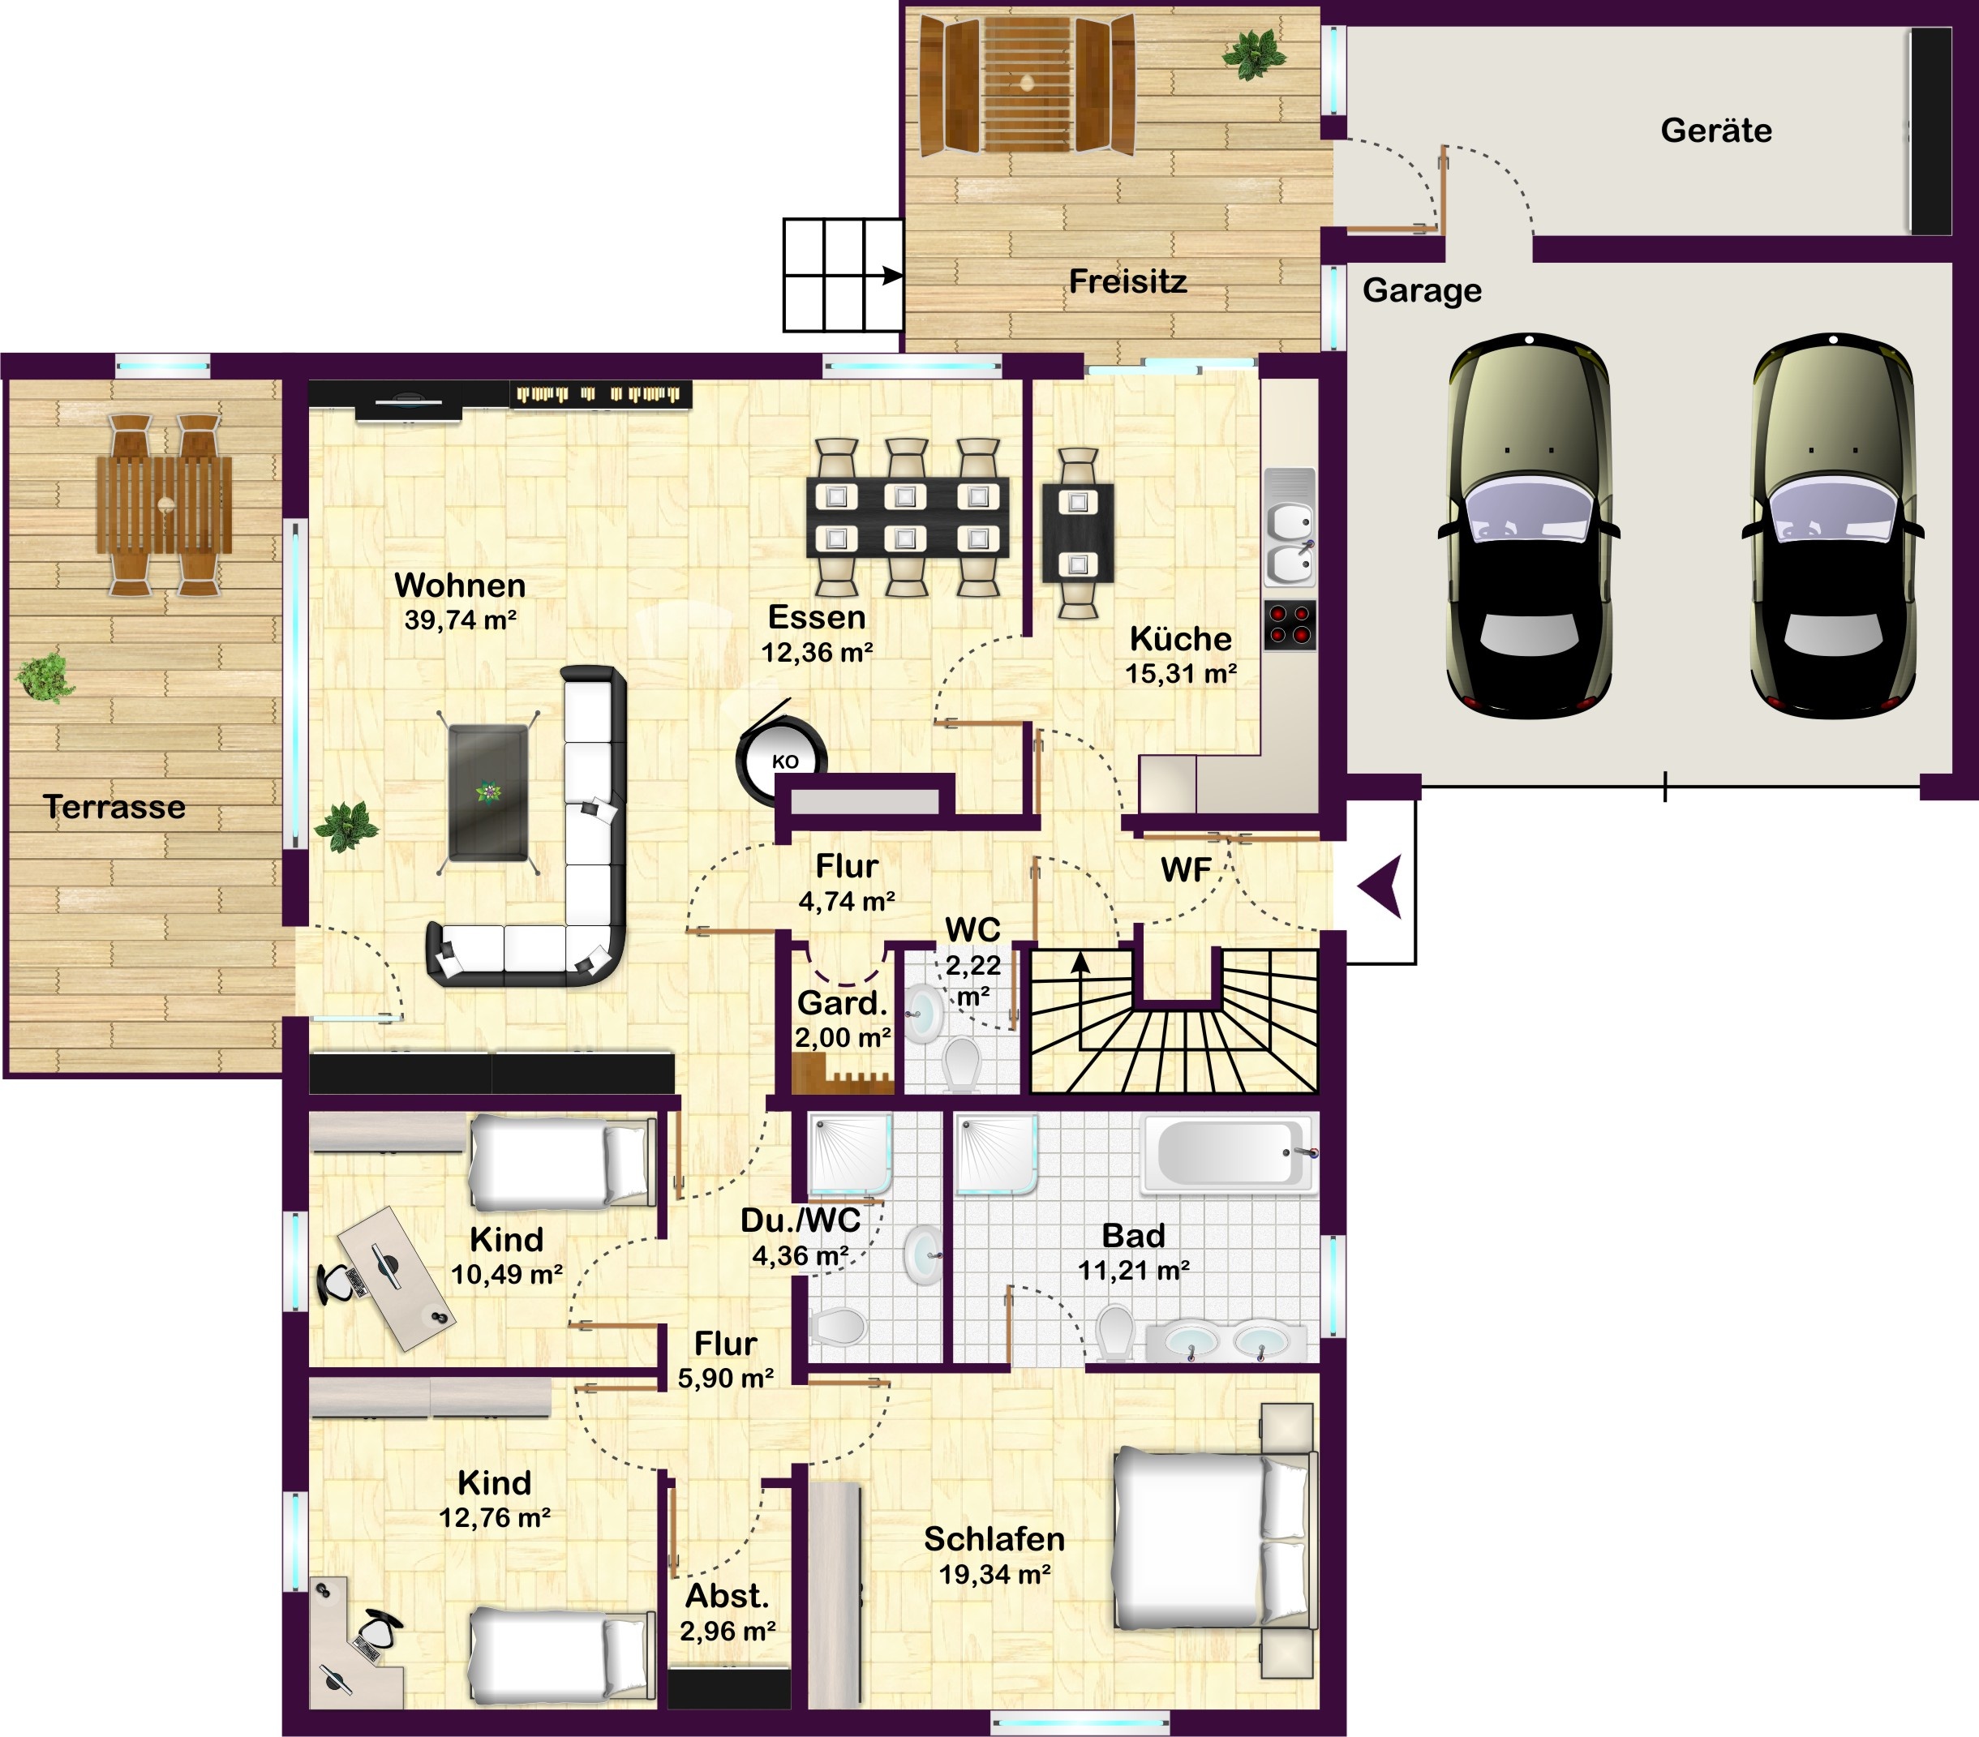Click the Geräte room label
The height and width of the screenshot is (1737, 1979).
(1715, 130)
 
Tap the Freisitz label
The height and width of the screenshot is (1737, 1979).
(1127, 281)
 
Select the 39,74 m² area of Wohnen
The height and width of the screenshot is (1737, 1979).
(460, 620)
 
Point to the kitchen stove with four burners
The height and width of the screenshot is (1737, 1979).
(1290, 624)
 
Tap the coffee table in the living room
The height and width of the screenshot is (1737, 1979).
(489, 793)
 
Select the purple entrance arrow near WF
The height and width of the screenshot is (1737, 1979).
(1380, 886)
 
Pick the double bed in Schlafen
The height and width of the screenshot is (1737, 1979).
(1215, 1538)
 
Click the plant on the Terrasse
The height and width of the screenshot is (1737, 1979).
(45, 677)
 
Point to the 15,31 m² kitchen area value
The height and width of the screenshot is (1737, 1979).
(1180, 673)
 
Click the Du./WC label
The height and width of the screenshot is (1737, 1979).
(800, 1220)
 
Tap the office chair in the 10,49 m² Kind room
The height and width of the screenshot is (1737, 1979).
(338, 1283)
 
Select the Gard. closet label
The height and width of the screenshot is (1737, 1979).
(841, 1003)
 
